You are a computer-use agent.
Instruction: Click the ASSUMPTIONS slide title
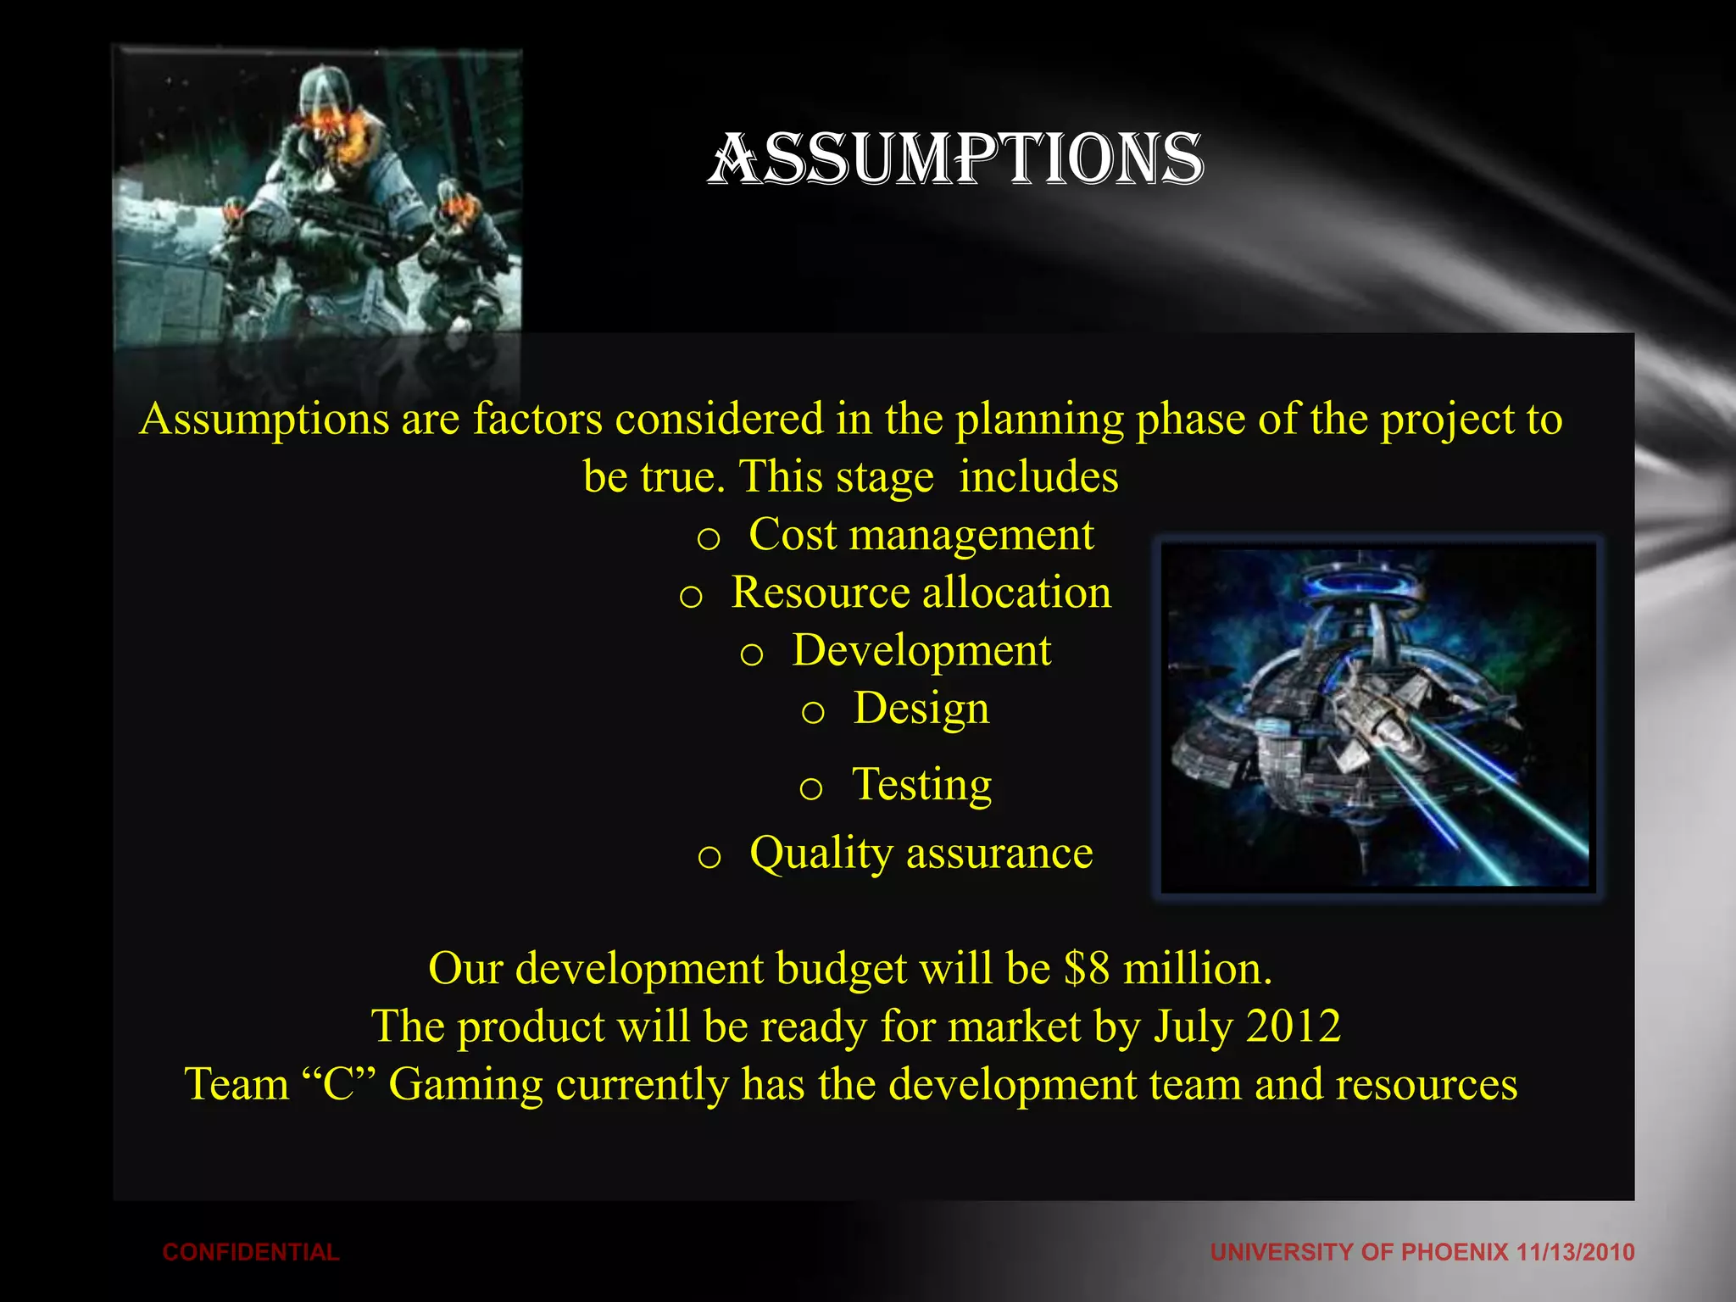click(x=955, y=159)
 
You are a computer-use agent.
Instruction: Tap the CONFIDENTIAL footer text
click(x=251, y=1252)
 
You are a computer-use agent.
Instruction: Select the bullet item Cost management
click(x=921, y=535)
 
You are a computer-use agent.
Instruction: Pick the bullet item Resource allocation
click(x=921, y=593)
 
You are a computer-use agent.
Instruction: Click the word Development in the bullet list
click(x=921, y=651)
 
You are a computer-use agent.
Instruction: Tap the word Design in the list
click(x=921, y=709)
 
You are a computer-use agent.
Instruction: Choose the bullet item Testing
click(x=921, y=784)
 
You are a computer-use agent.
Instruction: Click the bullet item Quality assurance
click(x=921, y=853)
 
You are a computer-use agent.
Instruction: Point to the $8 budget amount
click(x=1087, y=968)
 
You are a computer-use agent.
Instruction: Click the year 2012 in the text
click(x=1294, y=1027)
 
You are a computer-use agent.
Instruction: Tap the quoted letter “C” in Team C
click(x=339, y=1084)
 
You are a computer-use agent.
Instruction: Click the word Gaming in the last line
click(x=465, y=1086)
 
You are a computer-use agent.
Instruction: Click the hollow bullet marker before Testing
click(x=811, y=789)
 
